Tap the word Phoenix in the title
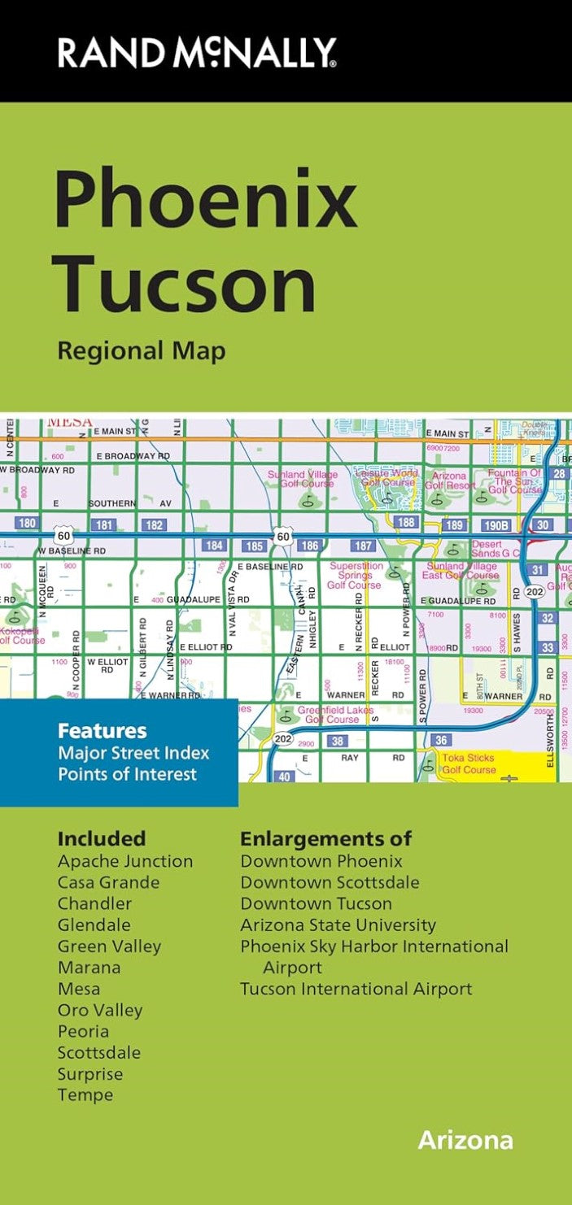pyautogui.click(x=206, y=198)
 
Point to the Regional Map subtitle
pyautogui.click(x=141, y=350)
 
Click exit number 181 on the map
pyautogui.click(x=105, y=525)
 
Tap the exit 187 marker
pyautogui.click(x=364, y=546)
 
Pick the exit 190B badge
pyautogui.click(x=495, y=525)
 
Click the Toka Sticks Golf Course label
pyautogui.click(x=468, y=763)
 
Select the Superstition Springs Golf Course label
pyautogui.click(x=354, y=575)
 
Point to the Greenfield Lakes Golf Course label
pyautogui.click(x=331, y=714)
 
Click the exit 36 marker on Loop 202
pyautogui.click(x=441, y=740)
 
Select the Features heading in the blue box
pyautogui.click(x=102, y=730)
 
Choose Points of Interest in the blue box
pyautogui.click(x=127, y=773)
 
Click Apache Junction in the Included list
pyautogui.click(x=125, y=861)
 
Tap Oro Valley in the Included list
pyautogui.click(x=100, y=1010)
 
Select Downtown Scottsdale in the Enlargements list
pyautogui.click(x=330, y=882)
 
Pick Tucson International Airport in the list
pyautogui.click(x=356, y=989)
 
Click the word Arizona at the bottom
pyautogui.click(x=465, y=1140)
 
